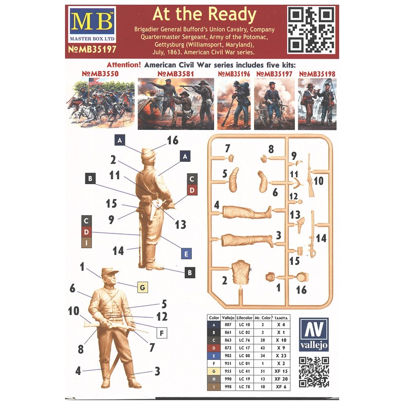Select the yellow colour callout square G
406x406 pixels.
pos(143,288)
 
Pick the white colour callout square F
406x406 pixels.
pos(162,333)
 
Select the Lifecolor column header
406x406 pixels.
pos(245,317)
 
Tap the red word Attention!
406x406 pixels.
pos(124,66)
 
